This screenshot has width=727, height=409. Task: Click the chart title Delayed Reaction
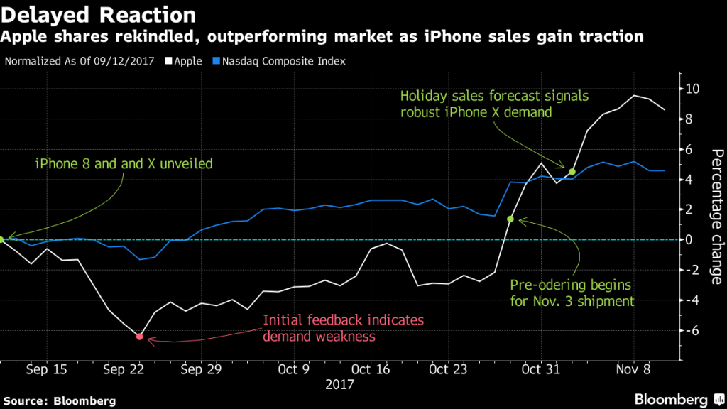tap(99, 14)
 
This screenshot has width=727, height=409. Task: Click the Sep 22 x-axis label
tap(123, 369)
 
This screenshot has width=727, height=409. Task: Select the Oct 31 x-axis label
tap(540, 369)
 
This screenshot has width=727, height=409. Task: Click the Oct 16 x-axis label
tap(371, 369)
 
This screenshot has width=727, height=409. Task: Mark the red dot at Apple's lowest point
tap(140, 337)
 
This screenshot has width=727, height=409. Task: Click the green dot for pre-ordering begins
tap(510, 219)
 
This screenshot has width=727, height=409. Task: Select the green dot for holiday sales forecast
tap(572, 172)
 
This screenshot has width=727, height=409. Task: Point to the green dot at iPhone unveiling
tap(2, 240)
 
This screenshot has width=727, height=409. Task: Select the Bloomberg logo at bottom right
tap(672, 398)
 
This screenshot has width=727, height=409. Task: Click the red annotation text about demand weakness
tap(344, 328)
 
